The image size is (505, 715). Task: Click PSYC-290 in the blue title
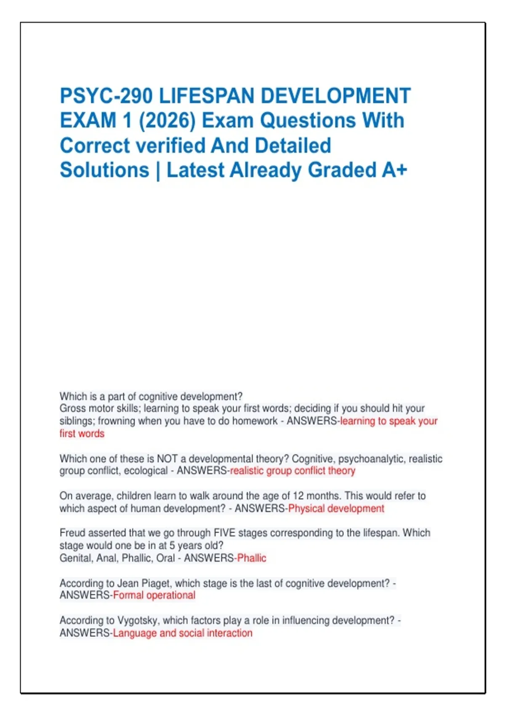point(106,96)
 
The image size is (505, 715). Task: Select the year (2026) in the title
point(167,121)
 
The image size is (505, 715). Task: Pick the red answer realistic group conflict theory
point(292,471)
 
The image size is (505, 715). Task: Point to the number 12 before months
point(298,496)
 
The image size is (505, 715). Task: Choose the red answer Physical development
point(336,508)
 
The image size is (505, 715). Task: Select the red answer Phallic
point(252,558)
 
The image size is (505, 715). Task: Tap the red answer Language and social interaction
point(183,633)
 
